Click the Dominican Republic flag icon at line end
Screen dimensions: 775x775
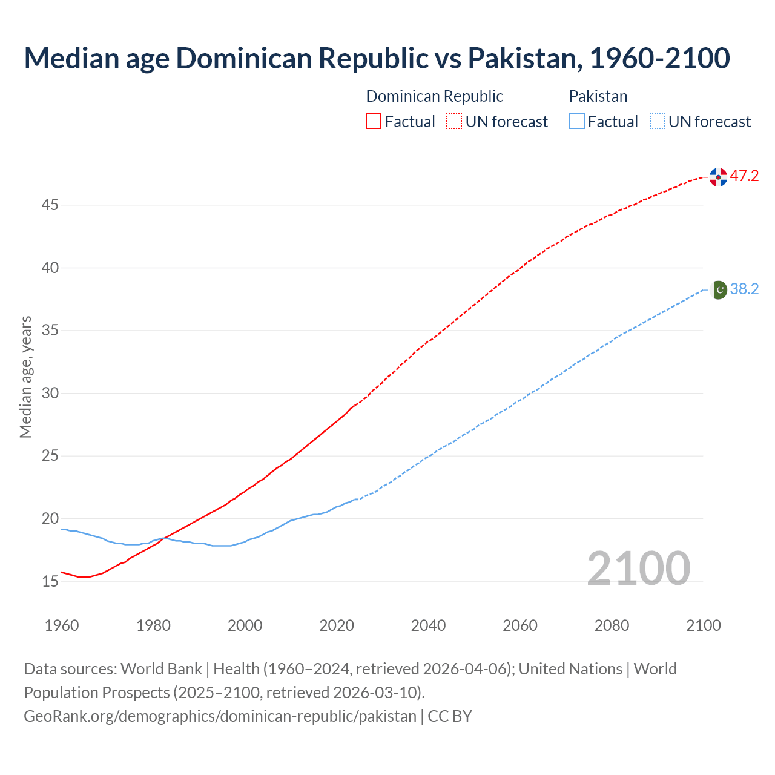(718, 177)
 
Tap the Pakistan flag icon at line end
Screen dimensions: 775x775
(719, 290)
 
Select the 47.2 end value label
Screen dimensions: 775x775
(744, 176)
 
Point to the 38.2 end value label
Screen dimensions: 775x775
(744, 289)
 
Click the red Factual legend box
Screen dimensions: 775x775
(374, 122)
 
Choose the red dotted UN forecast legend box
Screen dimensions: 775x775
(454, 122)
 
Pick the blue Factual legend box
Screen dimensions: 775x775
(577, 122)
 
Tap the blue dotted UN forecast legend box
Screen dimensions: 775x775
(657, 122)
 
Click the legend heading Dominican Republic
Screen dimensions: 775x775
(434, 96)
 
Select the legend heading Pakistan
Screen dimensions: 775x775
(598, 96)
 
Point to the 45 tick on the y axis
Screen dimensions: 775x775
(50, 205)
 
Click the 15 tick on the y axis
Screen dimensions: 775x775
(50, 582)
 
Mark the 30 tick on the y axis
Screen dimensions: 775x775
(50, 394)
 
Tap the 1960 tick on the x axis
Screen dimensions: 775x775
(62, 625)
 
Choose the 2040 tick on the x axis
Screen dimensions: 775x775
(428, 625)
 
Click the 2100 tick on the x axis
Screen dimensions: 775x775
(704, 625)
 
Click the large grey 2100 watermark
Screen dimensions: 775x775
(638, 568)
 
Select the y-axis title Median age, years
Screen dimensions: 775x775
(25, 377)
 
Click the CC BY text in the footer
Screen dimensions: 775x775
(450, 716)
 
